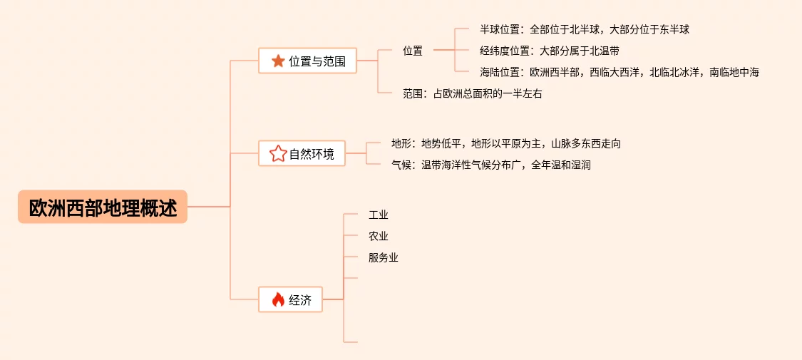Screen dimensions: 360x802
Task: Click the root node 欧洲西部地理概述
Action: (x=103, y=207)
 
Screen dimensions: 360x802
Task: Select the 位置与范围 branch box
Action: (x=307, y=61)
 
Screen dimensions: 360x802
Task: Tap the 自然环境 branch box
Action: (x=302, y=153)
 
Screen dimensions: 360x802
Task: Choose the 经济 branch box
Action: (x=290, y=300)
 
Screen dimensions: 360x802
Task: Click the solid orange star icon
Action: (x=278, y=61)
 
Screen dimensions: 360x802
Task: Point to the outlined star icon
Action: (x=277, y=153)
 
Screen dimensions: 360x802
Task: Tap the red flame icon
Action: (x=278, y=300)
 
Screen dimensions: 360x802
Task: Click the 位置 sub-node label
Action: (x=413, y=51)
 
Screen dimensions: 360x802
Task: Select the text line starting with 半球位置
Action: (x=585, y=30)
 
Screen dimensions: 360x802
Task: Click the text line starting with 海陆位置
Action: (x=619, y=72)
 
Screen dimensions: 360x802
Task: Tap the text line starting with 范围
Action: (x=472, y=93)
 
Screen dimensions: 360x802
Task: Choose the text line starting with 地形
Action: (x=505, y=143)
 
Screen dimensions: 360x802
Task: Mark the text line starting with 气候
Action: (x=490, y=165)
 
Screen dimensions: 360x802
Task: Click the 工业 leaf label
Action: (x=379, y=215)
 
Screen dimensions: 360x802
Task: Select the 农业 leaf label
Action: (x=379, y=236)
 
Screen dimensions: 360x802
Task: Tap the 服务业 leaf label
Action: (x=384, y=257)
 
